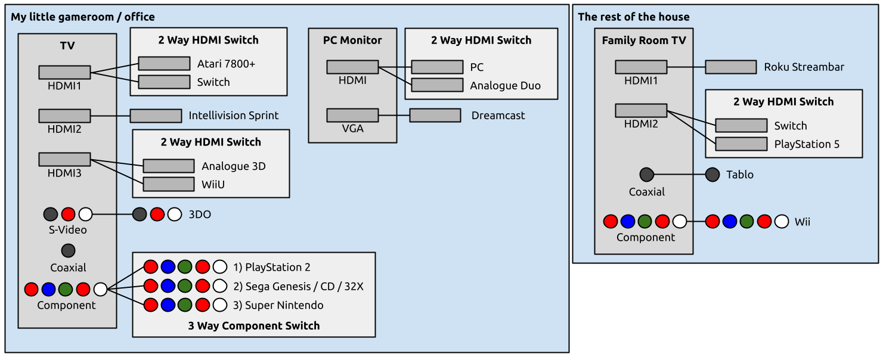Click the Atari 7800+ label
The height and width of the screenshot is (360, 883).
[226, 64]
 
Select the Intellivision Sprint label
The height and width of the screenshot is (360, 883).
[234, 116]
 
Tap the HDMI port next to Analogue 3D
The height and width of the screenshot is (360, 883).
[169, 166]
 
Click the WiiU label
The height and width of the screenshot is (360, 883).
[213, 185]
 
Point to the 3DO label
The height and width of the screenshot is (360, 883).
[200, 215]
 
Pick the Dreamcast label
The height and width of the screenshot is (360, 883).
[498, 116]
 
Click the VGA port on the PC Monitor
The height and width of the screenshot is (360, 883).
[352, 115]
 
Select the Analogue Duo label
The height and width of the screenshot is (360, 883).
[505, 85]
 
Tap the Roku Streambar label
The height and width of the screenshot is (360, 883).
[804, 67]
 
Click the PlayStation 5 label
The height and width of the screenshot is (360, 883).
[807, 144]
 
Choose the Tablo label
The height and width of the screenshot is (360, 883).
[739, 175]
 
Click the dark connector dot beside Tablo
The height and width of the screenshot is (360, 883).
[712, 175]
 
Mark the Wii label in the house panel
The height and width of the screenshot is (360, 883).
[802, 222]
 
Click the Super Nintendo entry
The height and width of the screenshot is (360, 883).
[284, 305]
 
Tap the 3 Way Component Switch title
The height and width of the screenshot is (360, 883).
[254, 326]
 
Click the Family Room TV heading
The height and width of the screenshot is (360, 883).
[644, 41]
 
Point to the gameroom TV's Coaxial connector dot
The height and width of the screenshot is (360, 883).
[68, 250]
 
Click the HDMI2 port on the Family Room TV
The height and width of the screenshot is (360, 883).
[641, 110]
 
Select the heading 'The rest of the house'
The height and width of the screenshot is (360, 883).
[633, 17]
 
